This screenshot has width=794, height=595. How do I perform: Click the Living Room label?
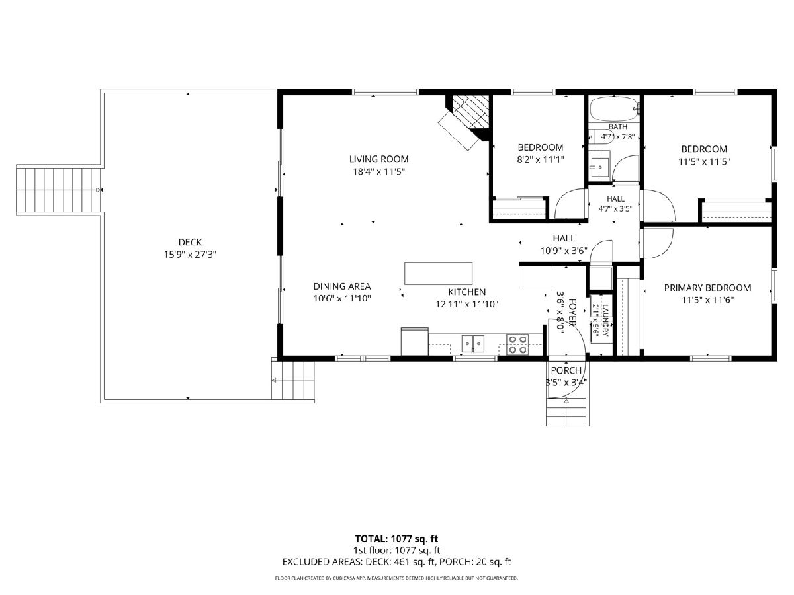(378, 159)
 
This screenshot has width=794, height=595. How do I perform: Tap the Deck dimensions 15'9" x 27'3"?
(190, 255)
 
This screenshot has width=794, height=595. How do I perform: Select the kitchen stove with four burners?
(517, 344)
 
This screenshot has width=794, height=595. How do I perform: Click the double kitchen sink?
(473, 344)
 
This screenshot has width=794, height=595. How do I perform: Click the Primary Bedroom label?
(707, 288)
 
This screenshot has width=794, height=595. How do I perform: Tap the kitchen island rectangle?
(438, 274)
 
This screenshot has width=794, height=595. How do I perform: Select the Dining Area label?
(342, 286)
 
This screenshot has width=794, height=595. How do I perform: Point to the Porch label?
(566, 370)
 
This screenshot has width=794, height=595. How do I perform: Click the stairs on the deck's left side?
(59, 190)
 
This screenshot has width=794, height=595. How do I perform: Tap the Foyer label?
(572, 312)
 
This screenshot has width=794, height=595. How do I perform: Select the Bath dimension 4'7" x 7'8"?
(617, 137)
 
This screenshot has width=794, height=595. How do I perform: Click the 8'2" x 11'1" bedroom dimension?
(541, 159)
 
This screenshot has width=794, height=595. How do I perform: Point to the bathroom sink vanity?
(599, 167)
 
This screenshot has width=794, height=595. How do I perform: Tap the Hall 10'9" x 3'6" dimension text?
(564, 251)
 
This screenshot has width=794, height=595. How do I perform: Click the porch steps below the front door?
(566, 412)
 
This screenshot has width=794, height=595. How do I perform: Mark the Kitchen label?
(466, 292)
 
